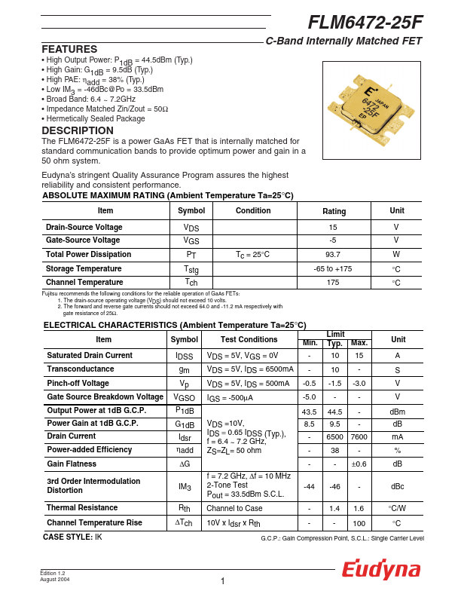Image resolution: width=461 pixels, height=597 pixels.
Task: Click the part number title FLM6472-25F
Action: point(365,23)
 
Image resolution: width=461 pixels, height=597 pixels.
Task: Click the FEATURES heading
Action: point(69,49)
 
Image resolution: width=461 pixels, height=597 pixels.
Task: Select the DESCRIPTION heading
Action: point(78,130)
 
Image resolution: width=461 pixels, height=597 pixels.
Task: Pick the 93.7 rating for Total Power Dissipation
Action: point(332,255)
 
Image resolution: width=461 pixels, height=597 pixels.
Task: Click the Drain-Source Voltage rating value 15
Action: point(332,227)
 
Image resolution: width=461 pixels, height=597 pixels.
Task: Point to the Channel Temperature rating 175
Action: point(332,283)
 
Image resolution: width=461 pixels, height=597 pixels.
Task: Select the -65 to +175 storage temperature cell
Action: point(332,269)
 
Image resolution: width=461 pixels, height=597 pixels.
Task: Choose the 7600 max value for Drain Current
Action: point(359,436)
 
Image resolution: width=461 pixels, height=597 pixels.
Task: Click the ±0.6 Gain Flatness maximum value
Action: point(359,464)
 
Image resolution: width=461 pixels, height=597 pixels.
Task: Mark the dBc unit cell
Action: point(397,486)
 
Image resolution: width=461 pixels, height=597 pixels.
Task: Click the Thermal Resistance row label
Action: point(82,509)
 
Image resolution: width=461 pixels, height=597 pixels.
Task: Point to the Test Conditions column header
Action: point(249,340)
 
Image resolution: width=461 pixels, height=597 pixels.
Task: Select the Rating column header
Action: point(334,212)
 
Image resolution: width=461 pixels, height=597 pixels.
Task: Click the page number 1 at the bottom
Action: point(223,581)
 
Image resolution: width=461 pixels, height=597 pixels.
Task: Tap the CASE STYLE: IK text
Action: point(72,537)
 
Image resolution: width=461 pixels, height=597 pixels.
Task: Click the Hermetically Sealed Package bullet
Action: point(95,118)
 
